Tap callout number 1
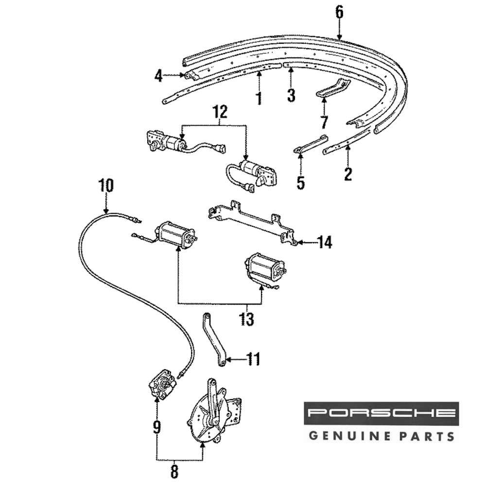pos(259,98)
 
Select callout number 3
pos(291,96)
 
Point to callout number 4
pos(158,76)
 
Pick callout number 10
pos(106,186)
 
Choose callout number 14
pos(325,242)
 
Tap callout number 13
pos(247,319)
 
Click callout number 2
pos(348,174)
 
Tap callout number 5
pos(300,183)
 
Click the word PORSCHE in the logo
pos(382,414)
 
